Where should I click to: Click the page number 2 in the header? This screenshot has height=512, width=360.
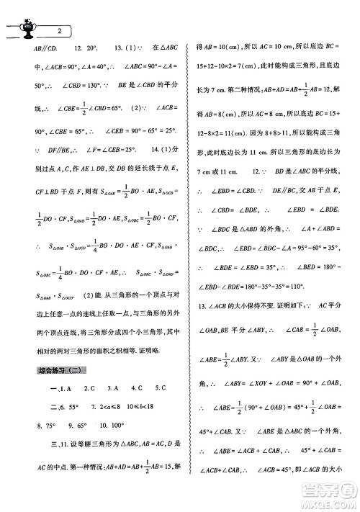coord(59,30)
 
